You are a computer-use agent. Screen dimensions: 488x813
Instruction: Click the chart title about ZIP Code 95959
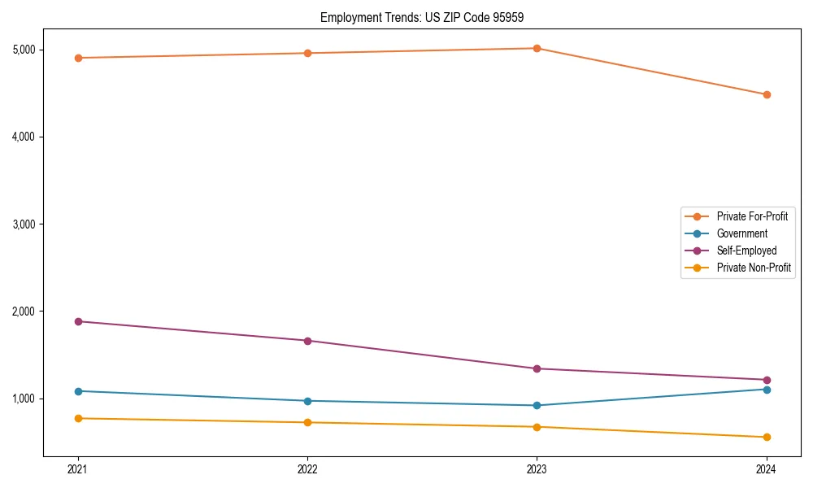tap(428, 17)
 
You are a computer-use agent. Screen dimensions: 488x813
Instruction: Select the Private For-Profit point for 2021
tap(78, 58)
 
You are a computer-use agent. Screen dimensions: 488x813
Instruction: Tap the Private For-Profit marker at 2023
tap(537, 48)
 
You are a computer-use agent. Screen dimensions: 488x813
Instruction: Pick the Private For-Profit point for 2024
tap(767, 94)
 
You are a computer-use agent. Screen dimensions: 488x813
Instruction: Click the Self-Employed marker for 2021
tap(78, 321)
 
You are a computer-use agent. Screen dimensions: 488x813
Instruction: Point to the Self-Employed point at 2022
tap(307, 341)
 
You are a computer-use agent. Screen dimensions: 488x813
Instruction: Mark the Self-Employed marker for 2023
tap(537, 368)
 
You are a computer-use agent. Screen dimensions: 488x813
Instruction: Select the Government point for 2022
tap(307, 401)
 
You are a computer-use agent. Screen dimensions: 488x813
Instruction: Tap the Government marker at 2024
tap(767, 389)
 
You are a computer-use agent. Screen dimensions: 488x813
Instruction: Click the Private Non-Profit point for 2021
tap(78, 418)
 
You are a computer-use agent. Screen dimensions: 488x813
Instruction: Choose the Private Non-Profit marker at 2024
tap(767, 438)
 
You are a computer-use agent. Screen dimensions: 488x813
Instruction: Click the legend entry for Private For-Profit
tap(752, 216)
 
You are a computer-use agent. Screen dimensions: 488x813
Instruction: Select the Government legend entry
tap(741, 233)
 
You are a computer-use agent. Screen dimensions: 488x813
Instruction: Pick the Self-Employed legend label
tap(746, 251)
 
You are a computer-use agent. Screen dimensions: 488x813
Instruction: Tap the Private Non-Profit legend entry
tap(754, 268)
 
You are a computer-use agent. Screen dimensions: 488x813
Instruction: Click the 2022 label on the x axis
tap(307, 469)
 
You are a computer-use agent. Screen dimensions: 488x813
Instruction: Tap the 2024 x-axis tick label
tap(767, 469)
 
